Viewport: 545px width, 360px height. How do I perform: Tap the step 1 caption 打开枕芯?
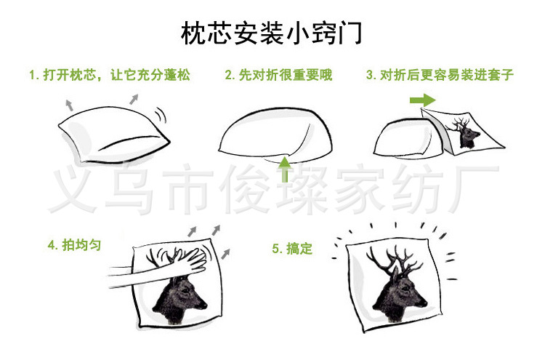pyautogui.click(x=109, y=75)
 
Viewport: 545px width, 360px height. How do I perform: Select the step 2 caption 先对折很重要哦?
pyautogui.click(x=278, y=75)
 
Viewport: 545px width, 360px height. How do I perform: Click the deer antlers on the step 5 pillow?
pyautogui.click(x=392, y=258)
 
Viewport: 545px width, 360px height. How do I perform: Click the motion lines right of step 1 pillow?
pyautogui.click(x=161, y=116)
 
